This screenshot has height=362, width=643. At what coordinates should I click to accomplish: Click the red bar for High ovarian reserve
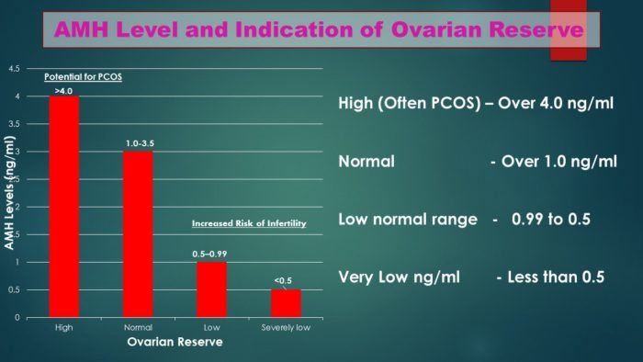pyautogui.click(x=63, y=207)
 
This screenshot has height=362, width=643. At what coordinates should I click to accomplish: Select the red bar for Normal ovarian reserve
pyautogui.click(x=138, y=234)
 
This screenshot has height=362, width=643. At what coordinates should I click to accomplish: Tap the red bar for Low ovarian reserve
pyautogui.click(x=212, y=289)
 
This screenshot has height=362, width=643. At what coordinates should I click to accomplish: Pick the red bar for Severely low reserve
pyautogui.click(x=286, y=303)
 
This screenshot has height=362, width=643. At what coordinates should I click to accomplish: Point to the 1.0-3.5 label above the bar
pyautogui.click(x=138, y=144)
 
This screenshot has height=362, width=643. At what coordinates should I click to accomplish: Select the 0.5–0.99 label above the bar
pyautogui.click(x=212, y=255)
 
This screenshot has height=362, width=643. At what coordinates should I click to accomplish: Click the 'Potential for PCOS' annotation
pyautogui.click(x=84, y=77)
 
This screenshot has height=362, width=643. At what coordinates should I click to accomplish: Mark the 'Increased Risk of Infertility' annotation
pyautogui.click(x=248, y=223)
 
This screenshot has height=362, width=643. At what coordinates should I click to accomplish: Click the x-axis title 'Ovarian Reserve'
pyautogui.click(x=175, y=343)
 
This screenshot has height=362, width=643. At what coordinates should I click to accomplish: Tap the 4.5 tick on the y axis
pyautogui.click(x=14, y=69)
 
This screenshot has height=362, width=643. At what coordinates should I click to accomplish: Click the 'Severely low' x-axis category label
pyautogui.click(x=286, y=327)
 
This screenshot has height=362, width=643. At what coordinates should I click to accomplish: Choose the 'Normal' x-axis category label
pyautogui.click(x=138, y=327)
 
